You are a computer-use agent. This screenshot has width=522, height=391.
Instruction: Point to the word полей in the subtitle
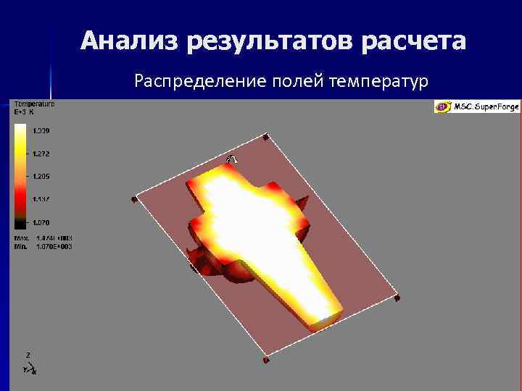pos(297,81)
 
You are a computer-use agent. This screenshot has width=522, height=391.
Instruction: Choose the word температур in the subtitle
pos(378,81)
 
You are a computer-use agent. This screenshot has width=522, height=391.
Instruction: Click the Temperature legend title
pos(34,104)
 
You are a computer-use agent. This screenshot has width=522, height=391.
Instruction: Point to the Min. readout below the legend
pos(43,246)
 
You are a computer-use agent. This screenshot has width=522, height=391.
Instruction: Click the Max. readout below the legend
pos(43,238)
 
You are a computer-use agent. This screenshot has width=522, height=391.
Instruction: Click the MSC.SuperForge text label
pos(486,107)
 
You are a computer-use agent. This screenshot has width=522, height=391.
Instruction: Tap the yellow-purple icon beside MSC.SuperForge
pos(442,107)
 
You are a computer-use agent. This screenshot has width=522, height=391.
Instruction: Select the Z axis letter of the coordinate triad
pos(28,355)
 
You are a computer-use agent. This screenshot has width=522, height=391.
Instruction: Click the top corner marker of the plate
pos(266,136)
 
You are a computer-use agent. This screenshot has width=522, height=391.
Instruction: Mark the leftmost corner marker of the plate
pos(134,198)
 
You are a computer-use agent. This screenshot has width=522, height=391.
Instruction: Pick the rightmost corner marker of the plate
pos(397,297)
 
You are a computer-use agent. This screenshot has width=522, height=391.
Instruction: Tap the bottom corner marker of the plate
pos(266,359)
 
